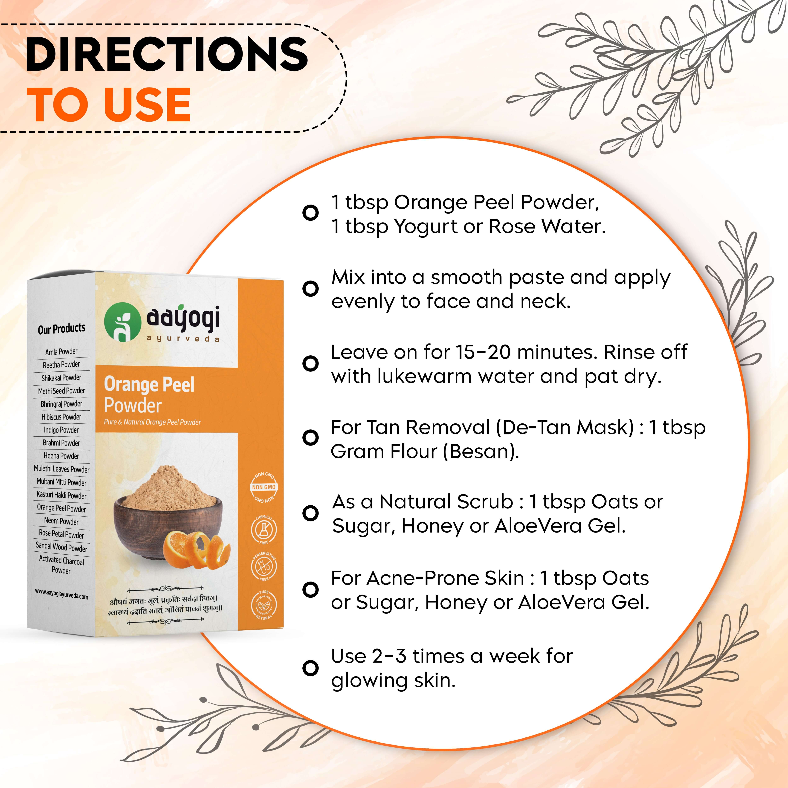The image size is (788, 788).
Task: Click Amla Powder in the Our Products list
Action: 61,352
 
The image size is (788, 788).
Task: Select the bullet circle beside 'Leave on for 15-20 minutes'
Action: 310,363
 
